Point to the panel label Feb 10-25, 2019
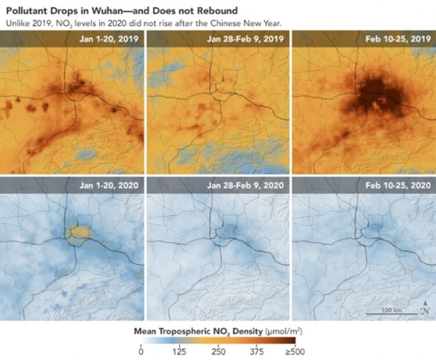399,39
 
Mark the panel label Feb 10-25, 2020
399,185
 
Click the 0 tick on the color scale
141,351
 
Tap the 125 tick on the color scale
179,351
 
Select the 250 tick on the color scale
218,351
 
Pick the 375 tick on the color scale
256,351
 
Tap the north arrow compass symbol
426,308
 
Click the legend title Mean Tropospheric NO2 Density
199,331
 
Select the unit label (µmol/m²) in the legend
283,331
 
